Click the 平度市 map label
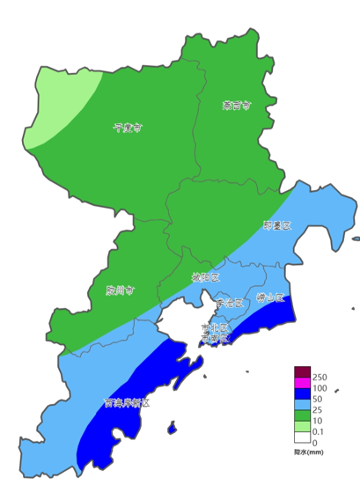(x=128, y=128)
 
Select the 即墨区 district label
(x=276, y=226)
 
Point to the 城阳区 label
(x=205, y=277)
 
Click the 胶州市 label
(x=119, y=290)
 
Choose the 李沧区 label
(x=228, y=303)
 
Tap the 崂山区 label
(x=270, y=298)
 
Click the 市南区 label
(x=214, y=338)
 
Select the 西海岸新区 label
(x=126, y=403)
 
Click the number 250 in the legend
(x=320, y=377)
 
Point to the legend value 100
(x=320, y=388)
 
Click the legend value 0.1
(x=320, y=431)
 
